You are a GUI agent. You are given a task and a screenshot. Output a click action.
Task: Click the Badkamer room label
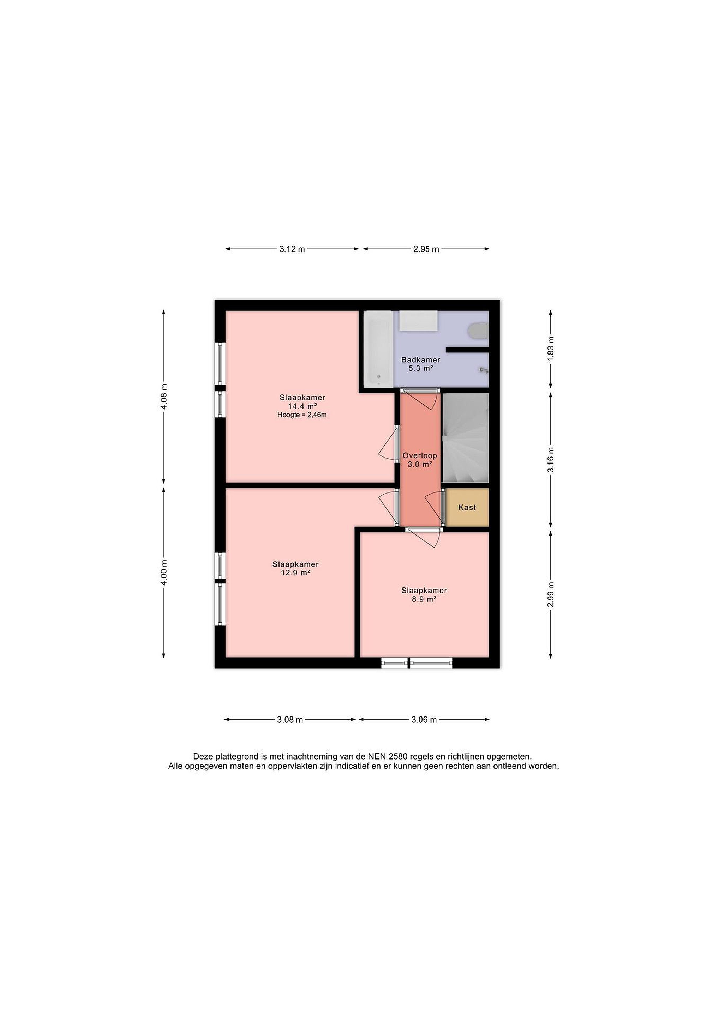pyautogui.click(x=421, y=360)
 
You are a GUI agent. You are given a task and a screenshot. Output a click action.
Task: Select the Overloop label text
pyautogui.click(x=420, y=455)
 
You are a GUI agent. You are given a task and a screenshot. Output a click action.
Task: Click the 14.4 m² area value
pyautogui.click(x=302, y=406)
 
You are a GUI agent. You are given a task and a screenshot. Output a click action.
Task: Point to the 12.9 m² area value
pyautogui.click(x=295, y=573)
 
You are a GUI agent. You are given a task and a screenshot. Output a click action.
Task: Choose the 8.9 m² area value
pyautogui.click(x=424, y=599)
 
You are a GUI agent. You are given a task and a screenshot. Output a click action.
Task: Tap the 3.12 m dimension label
pyautogui.click(x=292, y=249)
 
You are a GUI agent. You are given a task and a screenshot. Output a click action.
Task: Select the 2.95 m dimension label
pyautogui.click(x=426, y=249)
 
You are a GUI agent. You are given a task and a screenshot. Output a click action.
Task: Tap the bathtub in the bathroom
pyautogui.click(x=378, y=348)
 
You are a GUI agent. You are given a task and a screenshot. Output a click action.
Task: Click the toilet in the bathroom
pyautogui.click(x=479, y=331)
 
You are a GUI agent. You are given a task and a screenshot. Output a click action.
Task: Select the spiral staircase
pyautogui.click(x=465, y=438)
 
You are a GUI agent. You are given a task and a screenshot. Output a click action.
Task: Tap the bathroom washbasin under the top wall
pyautogui.click(x=418, y=320)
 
